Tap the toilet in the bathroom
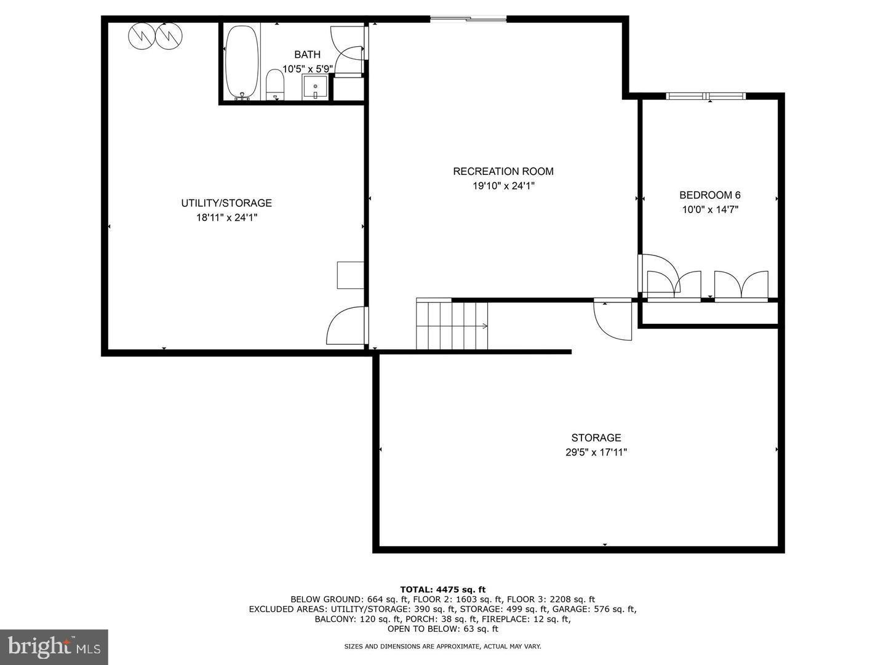click(274, 84)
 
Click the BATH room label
click(307, 55)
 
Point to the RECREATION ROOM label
click(503, 172)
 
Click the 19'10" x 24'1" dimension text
click(503, 186)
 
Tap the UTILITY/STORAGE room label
click(226, 203)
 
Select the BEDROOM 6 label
click(709, 195)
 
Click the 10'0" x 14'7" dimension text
click(709, 209)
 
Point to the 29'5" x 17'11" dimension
click(596, 453)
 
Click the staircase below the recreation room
click(452, 324)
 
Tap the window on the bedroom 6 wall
click(706, 95)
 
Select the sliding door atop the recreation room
click(468, 19)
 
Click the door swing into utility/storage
click(346, 326)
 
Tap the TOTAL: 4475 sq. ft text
click(443, 589)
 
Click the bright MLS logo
click(54, 647)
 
